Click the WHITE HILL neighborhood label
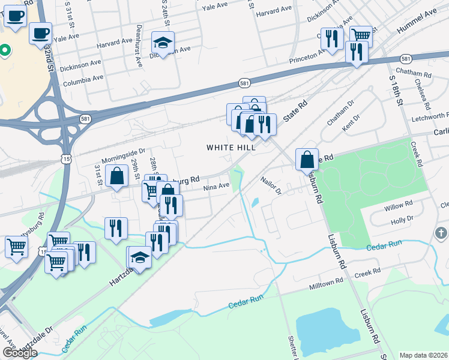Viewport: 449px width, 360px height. click(x=231, y=147)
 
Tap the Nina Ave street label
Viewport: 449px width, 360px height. click(x=216, y=187)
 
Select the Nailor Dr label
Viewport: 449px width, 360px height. click(x=271, y=185)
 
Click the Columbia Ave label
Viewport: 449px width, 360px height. click(x=83, y=79)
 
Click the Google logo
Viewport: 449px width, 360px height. click(x=20, y=353)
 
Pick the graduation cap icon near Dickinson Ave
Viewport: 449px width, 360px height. click(x=163, y=42)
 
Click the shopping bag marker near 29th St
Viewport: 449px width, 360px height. click(x=117, y=176)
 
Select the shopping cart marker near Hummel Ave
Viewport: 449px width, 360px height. click(x=361, y=35)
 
